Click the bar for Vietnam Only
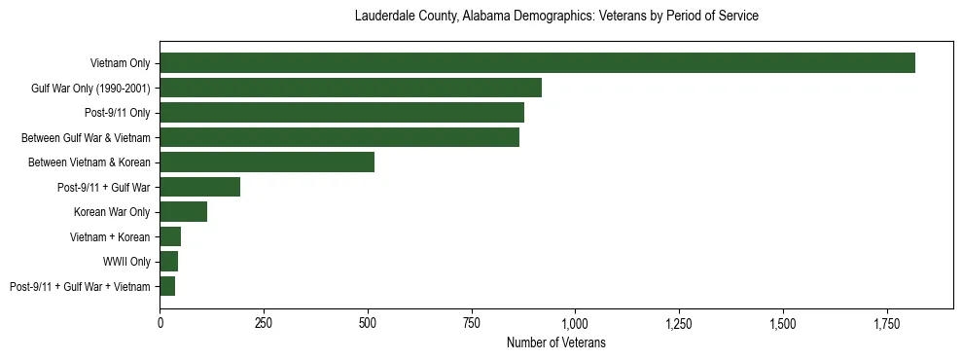click(x=537, y=63)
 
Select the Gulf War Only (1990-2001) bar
click(x=350, y=88)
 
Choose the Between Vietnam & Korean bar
click(x=267, y=162)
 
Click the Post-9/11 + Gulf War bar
click(x=199, y=187)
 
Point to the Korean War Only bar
click(x=183, y=212)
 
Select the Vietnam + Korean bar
click(x=170, y=236)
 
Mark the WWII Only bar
click(x=168, y=262)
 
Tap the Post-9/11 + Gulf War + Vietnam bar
click(x=167, y=286)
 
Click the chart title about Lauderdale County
click(x=556, y=17)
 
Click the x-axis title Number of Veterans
click(x=556, y=342)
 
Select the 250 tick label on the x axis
click(x=264, y=322)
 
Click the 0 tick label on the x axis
click(x=160, y=322)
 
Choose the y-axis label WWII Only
click(x=126, y=262)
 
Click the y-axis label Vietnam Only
click(x=120, y=63)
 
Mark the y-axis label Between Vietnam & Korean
click(x=93, y=162)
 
